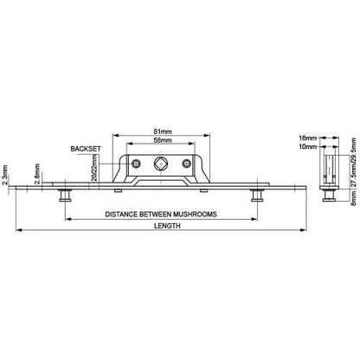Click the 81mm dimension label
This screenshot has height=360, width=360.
(x=163, y=132)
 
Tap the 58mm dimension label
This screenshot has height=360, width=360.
(x=163, y=140)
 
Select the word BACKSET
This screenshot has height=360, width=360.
(x=86, y=149)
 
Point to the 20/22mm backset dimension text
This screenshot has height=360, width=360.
(x=94, y=168)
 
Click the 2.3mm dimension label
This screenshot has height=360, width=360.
(x=5, y=175)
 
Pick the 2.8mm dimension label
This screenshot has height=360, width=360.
(x=37, y=174)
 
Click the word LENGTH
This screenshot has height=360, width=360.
(x=167, y=226)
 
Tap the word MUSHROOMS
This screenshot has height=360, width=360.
(x=195, y=215)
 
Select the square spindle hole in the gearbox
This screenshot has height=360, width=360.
(x=160, y=164)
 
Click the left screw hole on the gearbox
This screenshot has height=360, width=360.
(x=136, y=164)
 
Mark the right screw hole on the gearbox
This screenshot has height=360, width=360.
(x=187, y=164)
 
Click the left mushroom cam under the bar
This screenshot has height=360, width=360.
(x=65, y=196)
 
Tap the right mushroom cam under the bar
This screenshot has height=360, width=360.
(x=256, y=196)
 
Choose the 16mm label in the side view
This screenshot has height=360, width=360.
(x=308, y=138)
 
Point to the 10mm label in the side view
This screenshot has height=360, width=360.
(x=308, y=147)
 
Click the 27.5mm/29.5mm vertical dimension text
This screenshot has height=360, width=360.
(x=354, y=163)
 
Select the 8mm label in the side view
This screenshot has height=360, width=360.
(x=354, y=198)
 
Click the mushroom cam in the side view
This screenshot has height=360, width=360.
(x=329, y=196)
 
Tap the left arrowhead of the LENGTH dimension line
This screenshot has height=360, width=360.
(x=18, y=230)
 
